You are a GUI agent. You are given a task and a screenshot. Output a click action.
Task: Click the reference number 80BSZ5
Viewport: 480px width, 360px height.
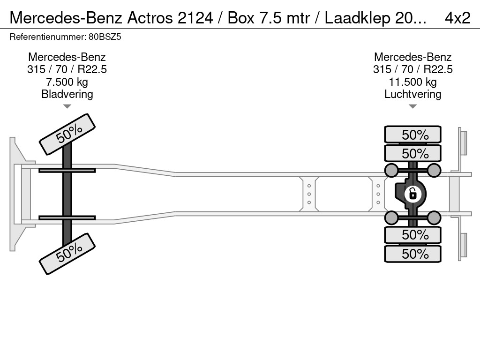pos(105,37)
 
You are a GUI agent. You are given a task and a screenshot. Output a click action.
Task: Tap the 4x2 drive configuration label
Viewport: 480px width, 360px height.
pos(457,18)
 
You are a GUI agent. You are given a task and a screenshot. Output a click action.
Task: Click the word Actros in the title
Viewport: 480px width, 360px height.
pos(150,18)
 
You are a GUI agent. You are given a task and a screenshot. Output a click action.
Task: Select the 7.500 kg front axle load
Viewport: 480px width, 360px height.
pos(67,82)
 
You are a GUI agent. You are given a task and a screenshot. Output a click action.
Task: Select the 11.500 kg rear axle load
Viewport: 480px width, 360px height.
pos(412,82)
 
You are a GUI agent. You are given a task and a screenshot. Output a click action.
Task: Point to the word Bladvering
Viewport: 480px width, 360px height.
pos(67,94)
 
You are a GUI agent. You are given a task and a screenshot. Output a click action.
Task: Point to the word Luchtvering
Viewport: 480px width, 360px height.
pos(412,94)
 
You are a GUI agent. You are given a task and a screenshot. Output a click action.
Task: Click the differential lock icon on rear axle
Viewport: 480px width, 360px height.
pos(412,194)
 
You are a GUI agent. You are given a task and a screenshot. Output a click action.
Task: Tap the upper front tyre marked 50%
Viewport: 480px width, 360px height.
pos(67,135)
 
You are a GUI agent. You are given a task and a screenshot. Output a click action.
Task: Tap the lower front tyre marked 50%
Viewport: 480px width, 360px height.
pos(67,254)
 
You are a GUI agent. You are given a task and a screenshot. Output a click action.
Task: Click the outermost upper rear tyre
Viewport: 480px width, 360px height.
pos(412,134)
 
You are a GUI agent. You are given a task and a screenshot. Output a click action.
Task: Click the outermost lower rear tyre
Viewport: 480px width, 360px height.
pos(412,254)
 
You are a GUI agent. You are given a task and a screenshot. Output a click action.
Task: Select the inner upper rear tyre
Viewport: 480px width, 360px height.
pos(412,153)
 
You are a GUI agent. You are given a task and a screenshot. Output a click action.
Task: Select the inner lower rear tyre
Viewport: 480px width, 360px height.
pos(412,235)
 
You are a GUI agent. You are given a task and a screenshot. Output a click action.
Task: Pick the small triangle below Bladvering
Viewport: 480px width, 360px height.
pos(67,106)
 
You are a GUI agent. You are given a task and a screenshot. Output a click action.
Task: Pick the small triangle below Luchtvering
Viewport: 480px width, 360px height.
pos(412,106)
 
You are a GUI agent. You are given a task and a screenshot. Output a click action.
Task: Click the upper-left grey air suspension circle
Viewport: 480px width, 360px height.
pos(391,170)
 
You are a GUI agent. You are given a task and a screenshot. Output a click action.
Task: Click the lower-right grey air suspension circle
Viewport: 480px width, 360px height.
pos(434,217)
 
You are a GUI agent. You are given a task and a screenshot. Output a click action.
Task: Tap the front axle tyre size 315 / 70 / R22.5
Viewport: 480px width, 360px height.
pos(67,69)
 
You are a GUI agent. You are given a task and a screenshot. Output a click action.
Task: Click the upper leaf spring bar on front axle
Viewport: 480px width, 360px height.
pos(67,170)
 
